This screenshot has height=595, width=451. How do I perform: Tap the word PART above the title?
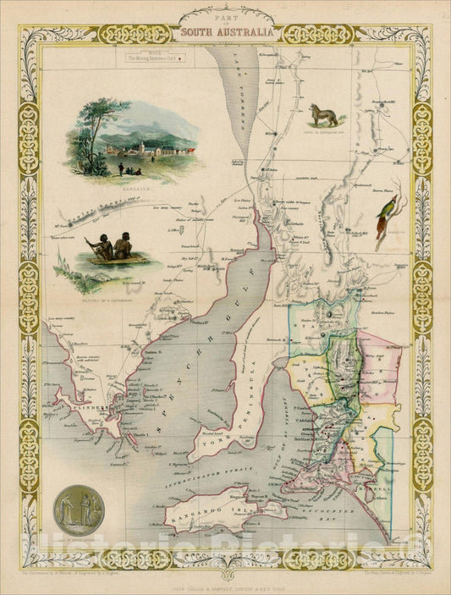(x=225, y=19)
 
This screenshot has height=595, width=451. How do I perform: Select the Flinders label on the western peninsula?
(x=85, y=408)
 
